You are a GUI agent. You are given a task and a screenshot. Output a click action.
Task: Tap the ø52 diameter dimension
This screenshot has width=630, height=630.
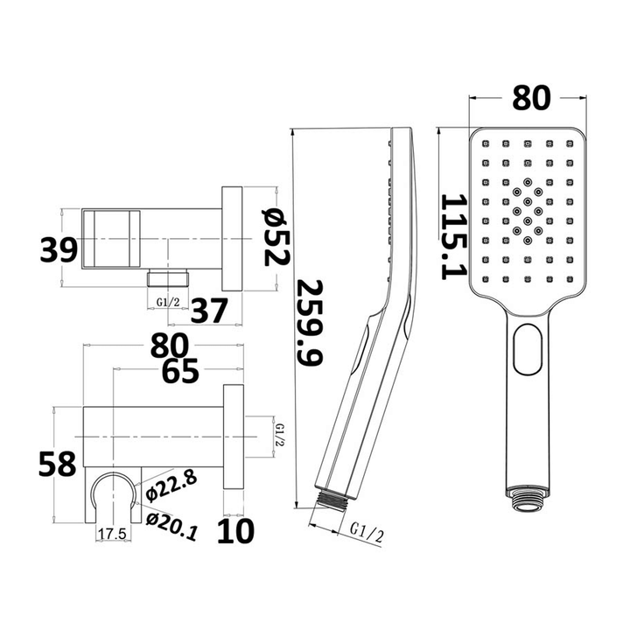(x=273, y=238)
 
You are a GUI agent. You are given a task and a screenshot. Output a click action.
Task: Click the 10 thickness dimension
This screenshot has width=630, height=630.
(x=234, y=530)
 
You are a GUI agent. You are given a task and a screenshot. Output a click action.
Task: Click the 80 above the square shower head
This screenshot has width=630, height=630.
(x=528, y=98)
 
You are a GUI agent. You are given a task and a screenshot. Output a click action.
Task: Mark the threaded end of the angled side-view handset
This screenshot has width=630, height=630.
(x=332, y=501)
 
